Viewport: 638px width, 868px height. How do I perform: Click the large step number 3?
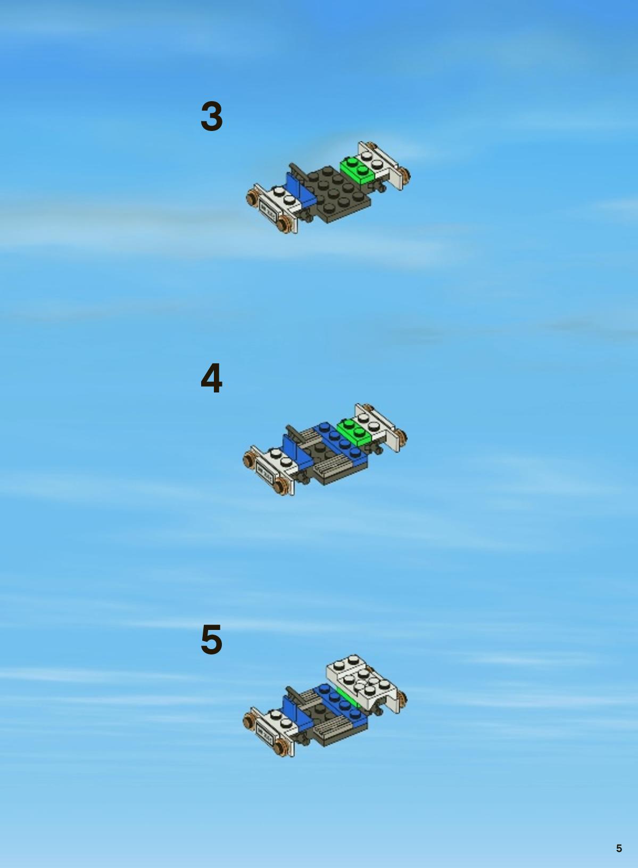pos(211,116)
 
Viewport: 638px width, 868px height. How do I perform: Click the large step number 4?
pos(211,378)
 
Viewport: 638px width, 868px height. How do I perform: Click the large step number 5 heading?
pos(211,640)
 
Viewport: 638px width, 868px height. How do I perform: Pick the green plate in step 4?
pos(354,432)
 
